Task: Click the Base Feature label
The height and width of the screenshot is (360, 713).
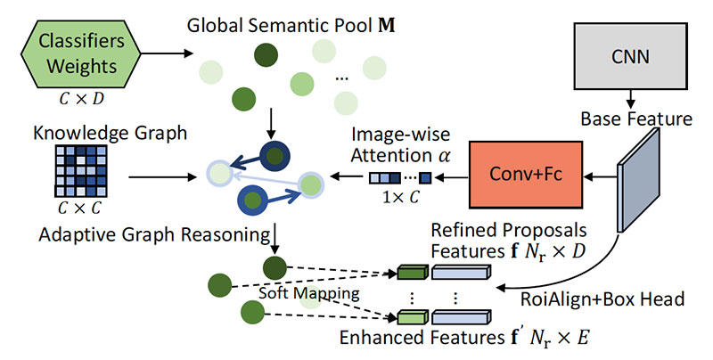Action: [x=635, y=117]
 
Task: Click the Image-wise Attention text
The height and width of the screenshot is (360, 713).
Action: [x=396, y=143]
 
